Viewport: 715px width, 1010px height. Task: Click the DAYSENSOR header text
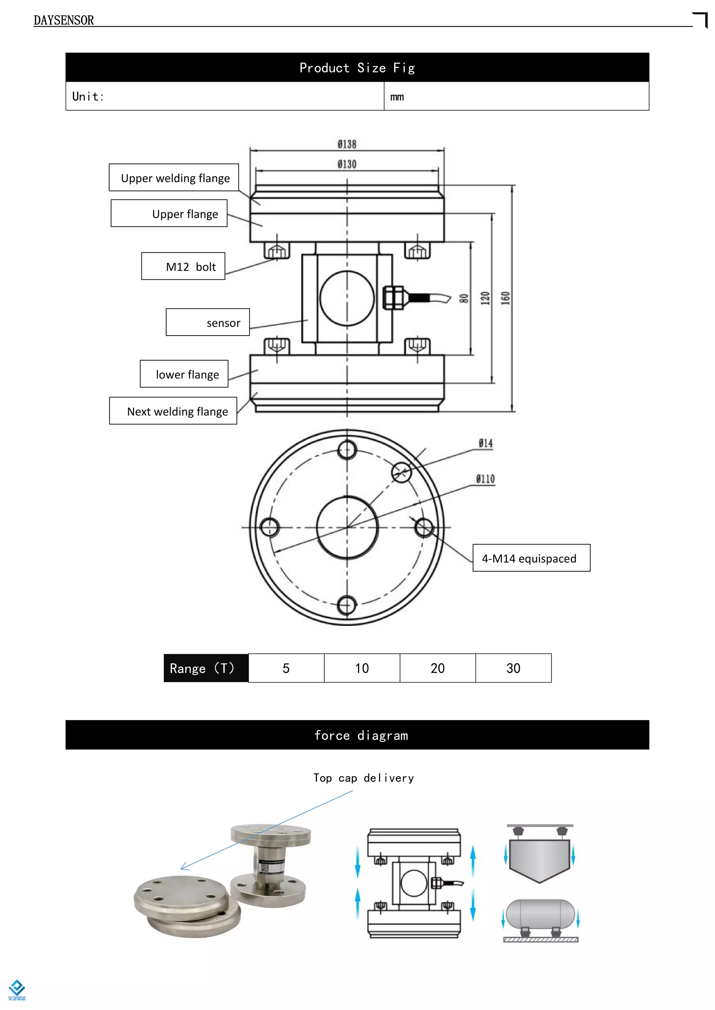coord(64,20)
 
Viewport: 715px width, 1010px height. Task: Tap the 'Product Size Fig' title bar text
coord(357,68)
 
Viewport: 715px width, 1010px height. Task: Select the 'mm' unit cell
coord(397,97)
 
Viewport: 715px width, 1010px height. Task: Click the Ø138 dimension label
coord(347,144)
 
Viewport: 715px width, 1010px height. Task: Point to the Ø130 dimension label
coord(347,164)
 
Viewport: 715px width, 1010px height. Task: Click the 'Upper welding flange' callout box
coord(174,178)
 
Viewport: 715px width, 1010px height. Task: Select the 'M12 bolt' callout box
coord(183,266)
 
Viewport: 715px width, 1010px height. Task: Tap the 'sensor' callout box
coord(208,323)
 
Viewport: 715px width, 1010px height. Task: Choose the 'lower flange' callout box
coord(184,374)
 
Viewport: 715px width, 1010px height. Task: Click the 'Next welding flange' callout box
coord(173,411)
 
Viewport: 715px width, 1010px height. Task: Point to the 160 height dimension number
coord(506,298)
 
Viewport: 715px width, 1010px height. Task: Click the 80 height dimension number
coord(464,299)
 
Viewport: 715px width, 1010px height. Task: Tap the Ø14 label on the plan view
coord(486,443)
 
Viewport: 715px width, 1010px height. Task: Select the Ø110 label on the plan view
coord(485,479)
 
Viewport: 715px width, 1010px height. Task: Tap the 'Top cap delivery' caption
coord(364,778)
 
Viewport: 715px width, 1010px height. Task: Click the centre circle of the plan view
coord(347,527)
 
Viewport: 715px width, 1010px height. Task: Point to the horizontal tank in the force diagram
coord(540,914)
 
